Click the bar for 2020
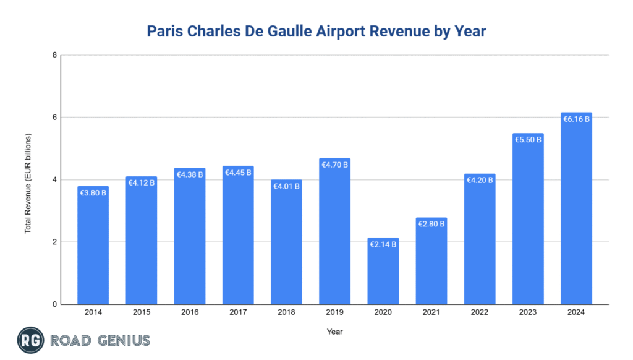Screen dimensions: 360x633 tap(383, 272)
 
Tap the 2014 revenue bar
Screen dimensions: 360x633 tap(93, 247)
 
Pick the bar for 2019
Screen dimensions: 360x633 tap(334, 235)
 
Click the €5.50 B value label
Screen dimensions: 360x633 tap(528, 140)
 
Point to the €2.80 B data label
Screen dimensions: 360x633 tap(431, 224)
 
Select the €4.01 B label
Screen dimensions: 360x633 tap(286, 186)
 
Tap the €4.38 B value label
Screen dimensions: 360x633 tap(189, 175)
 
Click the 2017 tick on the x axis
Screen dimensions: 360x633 tap(238, 313)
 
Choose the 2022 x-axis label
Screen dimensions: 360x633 tap(480, 313)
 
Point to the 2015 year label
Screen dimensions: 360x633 tap(141, 313)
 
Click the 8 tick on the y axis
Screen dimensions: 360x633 tap(55, 55)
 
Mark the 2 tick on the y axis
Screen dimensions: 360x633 tap(55, 242)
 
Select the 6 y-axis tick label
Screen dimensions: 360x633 tap(55, 118)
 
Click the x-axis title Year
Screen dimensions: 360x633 tap(334, 332)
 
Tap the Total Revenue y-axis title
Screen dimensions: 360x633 tap(28, 183)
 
